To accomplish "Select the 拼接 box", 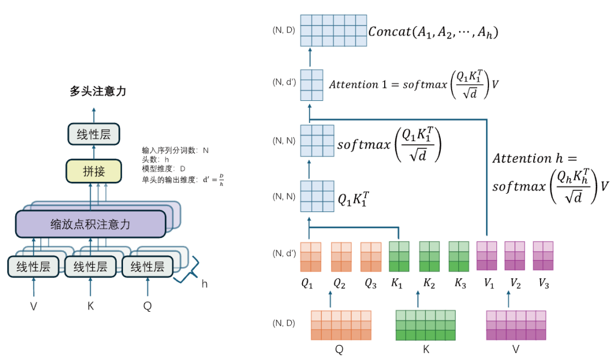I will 93,171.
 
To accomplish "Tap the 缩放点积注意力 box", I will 91,224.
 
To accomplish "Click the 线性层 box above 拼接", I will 93,134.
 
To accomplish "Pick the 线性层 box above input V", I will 33,266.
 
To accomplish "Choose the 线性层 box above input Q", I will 147,266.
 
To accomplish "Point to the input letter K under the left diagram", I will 91,306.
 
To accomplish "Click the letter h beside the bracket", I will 205,284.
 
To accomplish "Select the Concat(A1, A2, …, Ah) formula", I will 433,32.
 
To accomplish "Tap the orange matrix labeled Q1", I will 311,257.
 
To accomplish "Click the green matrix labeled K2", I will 429,257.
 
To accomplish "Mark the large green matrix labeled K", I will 426,325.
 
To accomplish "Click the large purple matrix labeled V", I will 516,325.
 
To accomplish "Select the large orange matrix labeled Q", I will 341,325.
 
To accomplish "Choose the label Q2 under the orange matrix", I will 339,285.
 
